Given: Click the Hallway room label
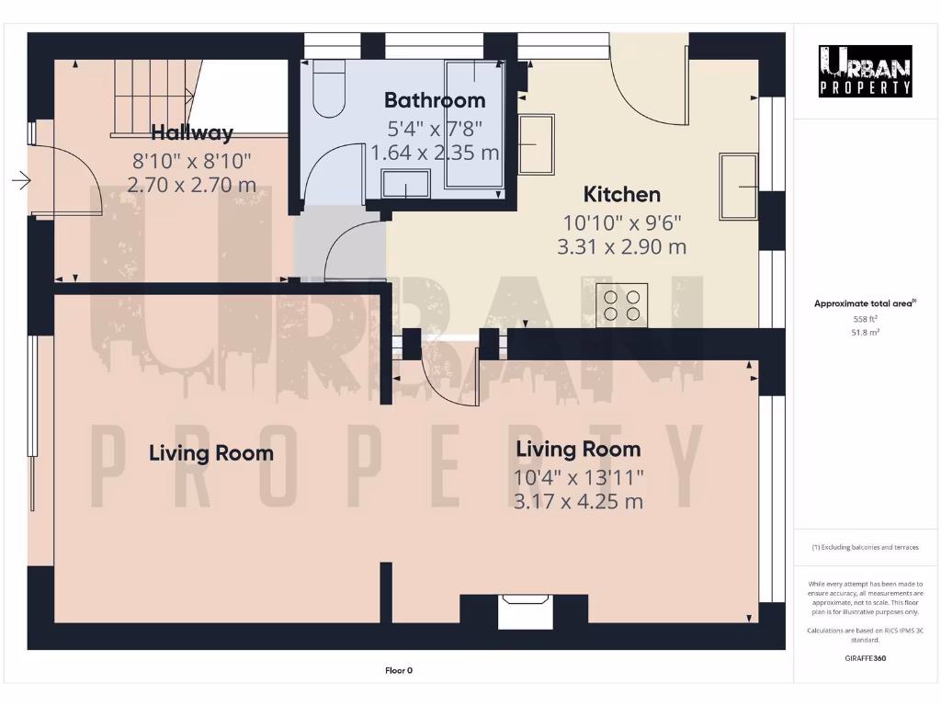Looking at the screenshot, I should coord(192,131).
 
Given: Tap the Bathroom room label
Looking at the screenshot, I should coord(435,99).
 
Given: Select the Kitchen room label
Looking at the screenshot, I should coord(622,194).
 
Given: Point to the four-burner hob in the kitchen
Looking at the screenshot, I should coord(622,304).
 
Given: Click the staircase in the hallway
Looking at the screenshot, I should coord(153,92).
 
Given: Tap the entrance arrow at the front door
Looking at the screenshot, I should coord(20,182).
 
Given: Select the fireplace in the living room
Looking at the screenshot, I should coord(525,611).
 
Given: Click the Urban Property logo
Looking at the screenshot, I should coord(866,71).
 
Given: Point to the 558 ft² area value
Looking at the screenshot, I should coord(866,319).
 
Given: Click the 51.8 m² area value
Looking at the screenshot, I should coord(866,333).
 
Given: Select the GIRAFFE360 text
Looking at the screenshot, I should coord(865,658).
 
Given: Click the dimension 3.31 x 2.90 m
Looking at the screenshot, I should coord(621,247).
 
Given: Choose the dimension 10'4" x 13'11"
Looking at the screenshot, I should coord(579,476).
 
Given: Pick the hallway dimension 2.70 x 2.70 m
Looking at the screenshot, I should coord(191,185).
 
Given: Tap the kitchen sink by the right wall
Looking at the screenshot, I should coord(739,188).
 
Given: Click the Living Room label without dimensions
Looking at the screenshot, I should coord(211,452).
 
